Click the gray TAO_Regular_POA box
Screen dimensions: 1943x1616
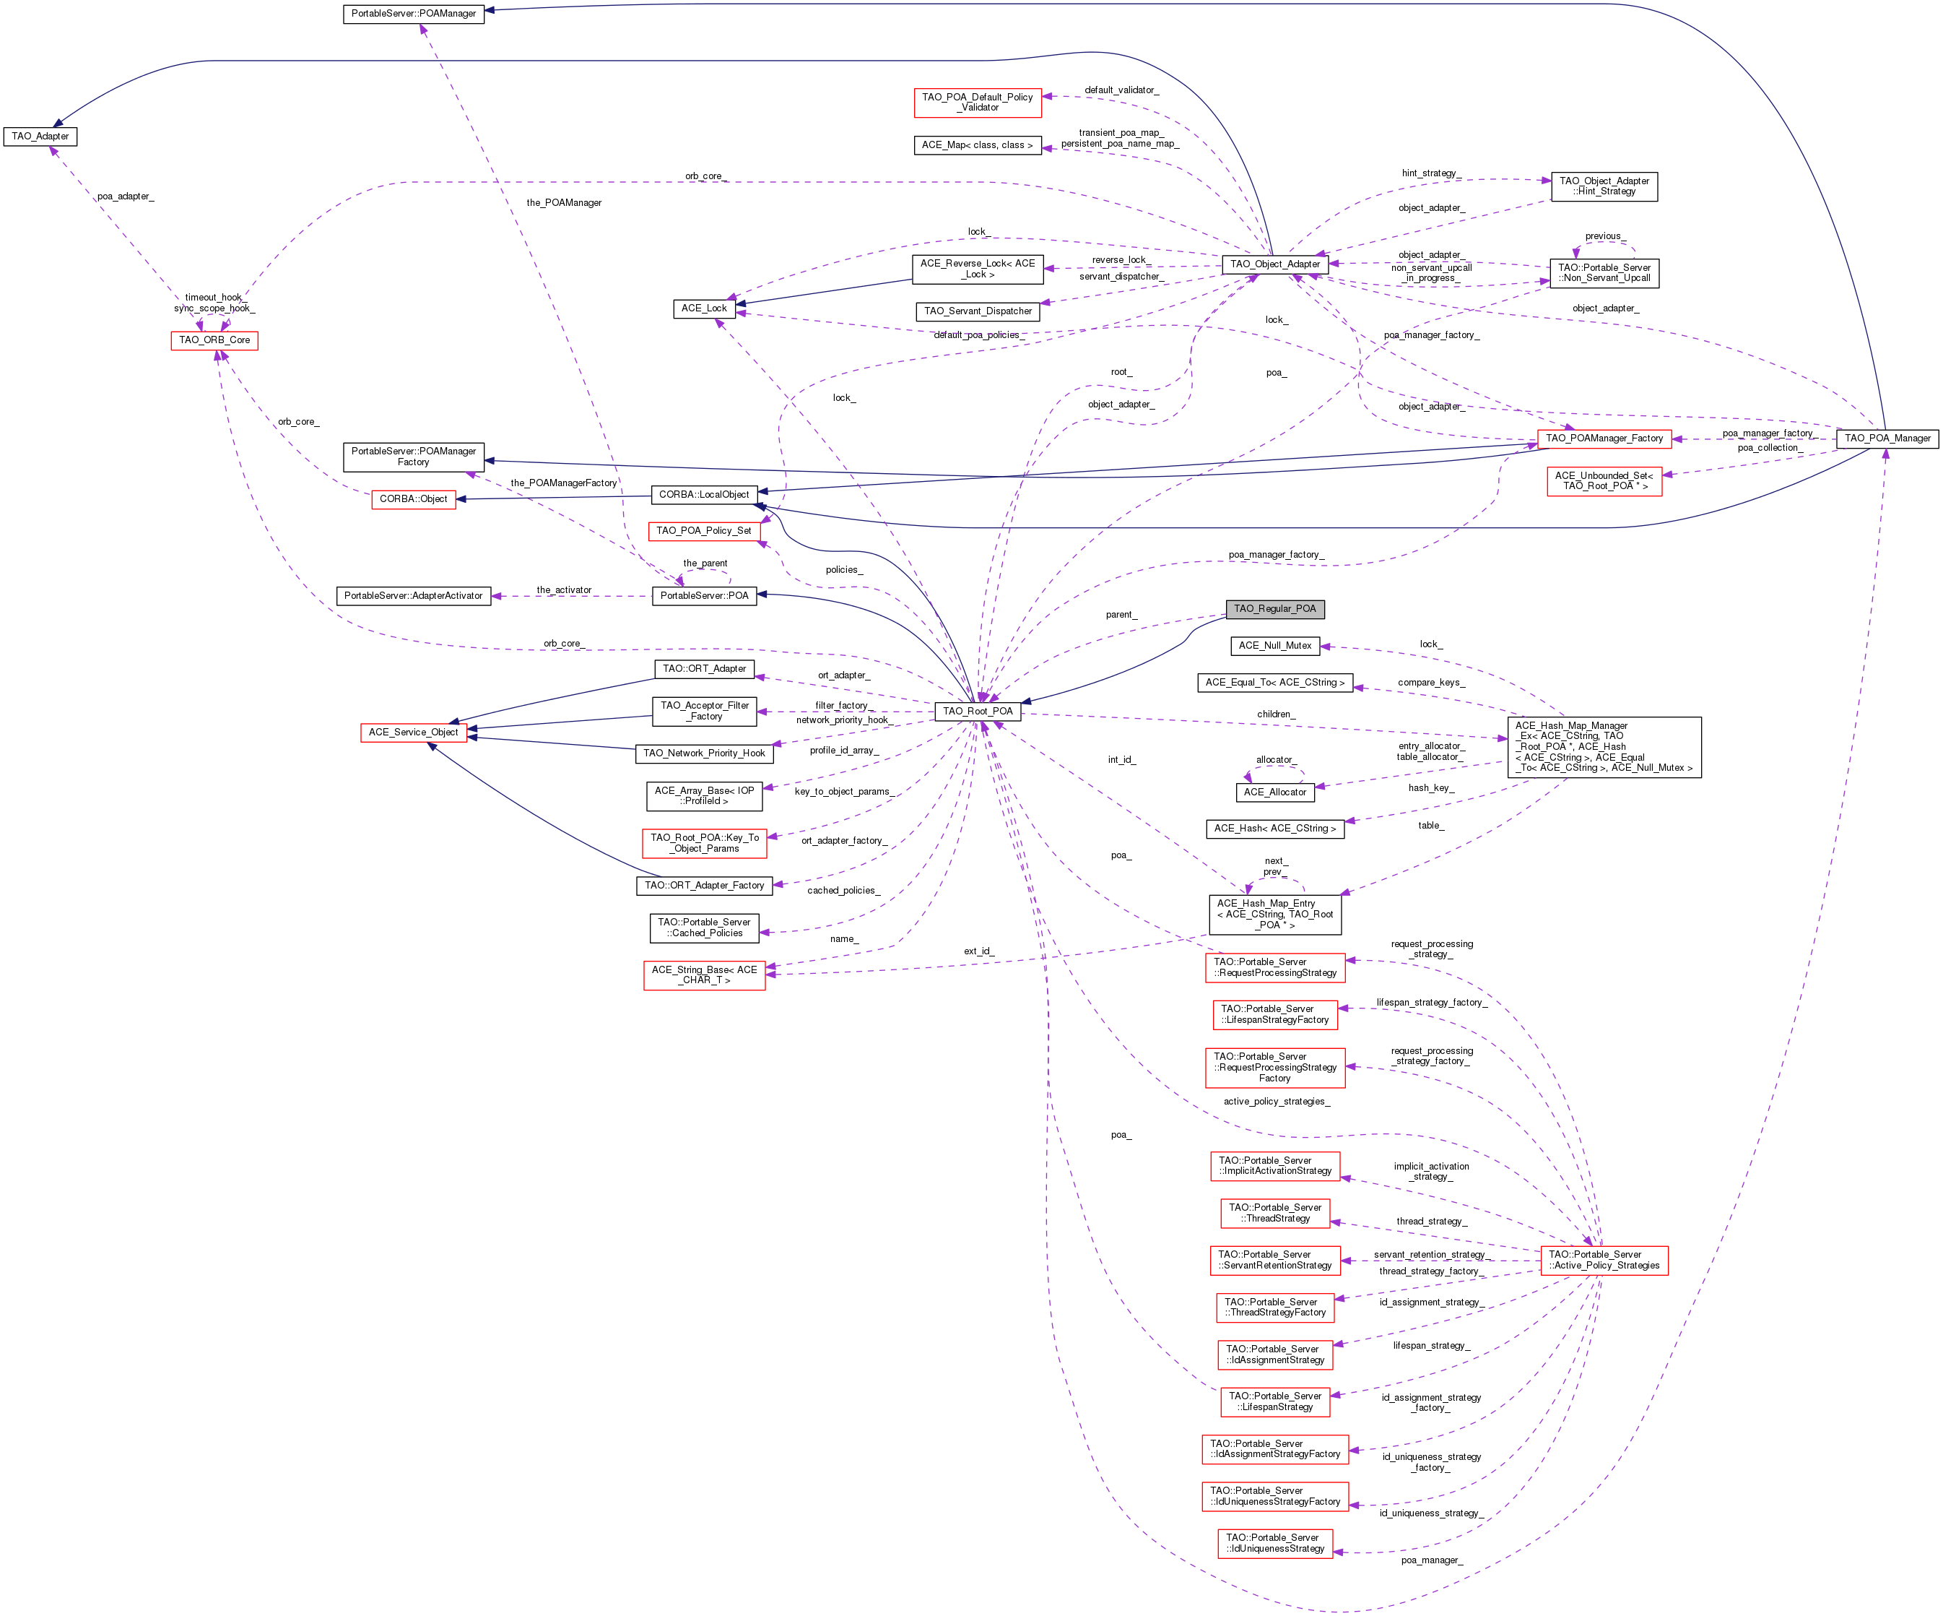pos(1274,609)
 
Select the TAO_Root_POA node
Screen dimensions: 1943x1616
pos(977,712)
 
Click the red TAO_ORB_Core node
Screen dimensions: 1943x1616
pos(214,340)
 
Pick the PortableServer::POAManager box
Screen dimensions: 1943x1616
pos(414,14)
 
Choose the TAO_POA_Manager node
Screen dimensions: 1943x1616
pos(1887,438)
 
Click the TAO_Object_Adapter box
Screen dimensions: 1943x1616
pos(1275,264)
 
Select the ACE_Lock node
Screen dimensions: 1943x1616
pos(704,308)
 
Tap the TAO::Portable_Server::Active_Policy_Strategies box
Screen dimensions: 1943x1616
pos(1604,1261)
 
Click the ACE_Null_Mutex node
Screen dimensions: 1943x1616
pos(1275,646)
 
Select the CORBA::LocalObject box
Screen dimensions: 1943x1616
pos(704,495)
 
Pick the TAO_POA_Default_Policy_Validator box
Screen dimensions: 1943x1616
pos(978,103)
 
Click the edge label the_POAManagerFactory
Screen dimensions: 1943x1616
pos(563,483)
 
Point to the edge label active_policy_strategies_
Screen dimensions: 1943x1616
pos(1277,1102)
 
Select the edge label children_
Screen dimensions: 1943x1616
pos(1276,714)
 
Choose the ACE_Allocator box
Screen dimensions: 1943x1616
pos(1275,792)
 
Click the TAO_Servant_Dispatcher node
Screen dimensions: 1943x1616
pos(978,312)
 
